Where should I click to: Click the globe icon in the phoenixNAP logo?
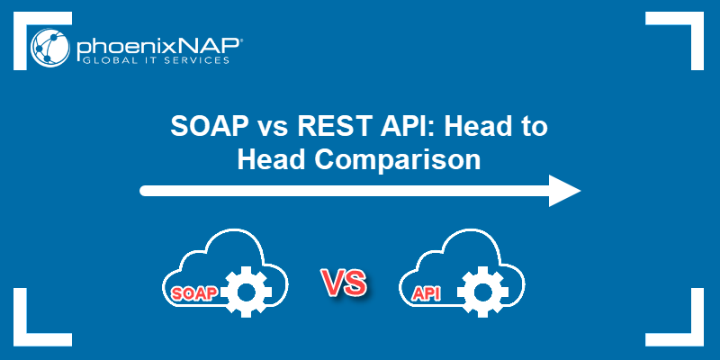50,49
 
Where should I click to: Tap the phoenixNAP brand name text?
159,48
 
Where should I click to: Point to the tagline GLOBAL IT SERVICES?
153,60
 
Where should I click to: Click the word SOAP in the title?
209,126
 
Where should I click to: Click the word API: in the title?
404,126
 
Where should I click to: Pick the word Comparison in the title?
397,160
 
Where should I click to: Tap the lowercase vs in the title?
273,129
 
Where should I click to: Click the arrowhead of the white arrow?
565,191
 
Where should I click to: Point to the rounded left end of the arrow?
144,191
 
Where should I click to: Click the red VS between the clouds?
345,283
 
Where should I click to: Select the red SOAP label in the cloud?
193,294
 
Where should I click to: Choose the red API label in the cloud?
426,294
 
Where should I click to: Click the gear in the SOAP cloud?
247,292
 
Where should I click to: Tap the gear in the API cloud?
482,292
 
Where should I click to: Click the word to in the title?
535,127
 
